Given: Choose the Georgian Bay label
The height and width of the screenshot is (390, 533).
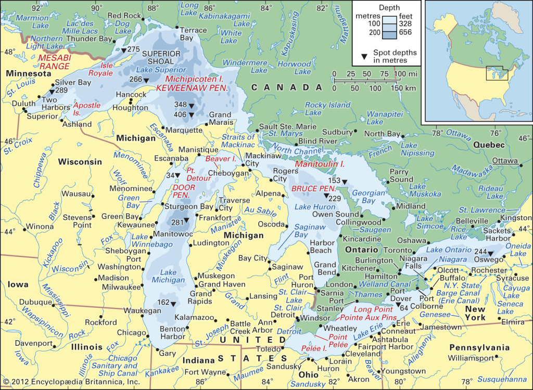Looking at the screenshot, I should tap(369, 196).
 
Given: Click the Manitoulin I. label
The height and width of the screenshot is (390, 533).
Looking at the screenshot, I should tap(320, 164).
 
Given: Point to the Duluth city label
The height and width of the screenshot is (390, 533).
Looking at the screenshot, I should tap(20, 103).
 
